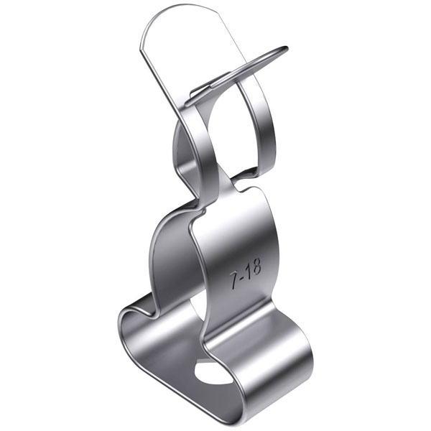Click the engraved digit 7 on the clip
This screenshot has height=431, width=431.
coord(233,280)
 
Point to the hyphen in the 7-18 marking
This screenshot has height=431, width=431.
coord(241,277)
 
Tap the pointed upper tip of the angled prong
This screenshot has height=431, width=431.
coord(286,48)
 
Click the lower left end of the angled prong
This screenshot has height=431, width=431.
coord(187,104)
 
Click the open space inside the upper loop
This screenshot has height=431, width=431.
coord(231,132)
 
